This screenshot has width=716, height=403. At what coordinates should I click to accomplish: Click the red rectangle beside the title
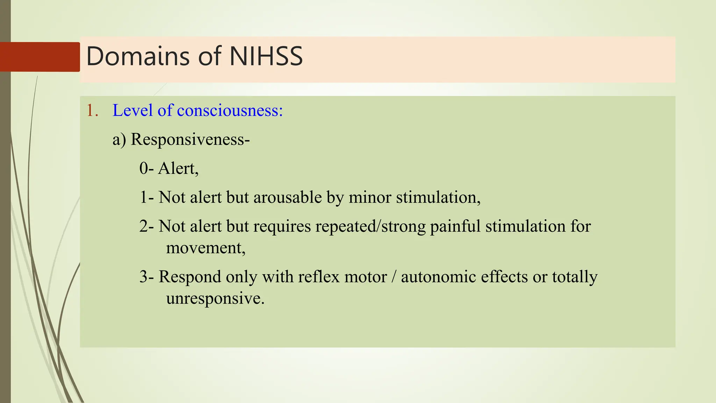[40, 57]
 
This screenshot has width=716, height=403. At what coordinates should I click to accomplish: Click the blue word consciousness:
[230, 111]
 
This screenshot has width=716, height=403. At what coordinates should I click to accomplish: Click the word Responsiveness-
[190, 140]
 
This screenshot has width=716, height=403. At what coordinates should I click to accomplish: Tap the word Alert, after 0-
[178, 169]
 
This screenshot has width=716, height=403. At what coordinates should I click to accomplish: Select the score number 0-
[146, 169]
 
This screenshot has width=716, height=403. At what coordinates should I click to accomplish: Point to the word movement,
[206, 248]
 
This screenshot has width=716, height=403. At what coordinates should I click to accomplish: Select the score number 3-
[146, 277]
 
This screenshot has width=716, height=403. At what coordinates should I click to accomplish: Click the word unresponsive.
[215, 298]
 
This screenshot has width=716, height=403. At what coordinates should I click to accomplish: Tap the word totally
[574, 277]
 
